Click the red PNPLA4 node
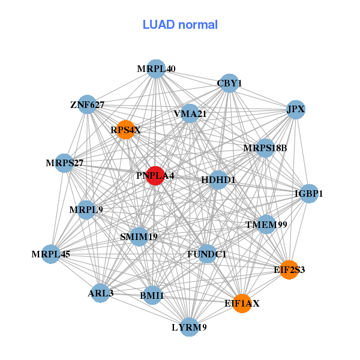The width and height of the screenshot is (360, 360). pyautogui.click(x=155, y=176)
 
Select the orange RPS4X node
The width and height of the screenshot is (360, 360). pyautogui.click(x=125, y=130)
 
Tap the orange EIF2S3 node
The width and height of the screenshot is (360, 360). pyautogui.click(x=289, y=269)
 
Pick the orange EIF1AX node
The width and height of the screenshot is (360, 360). pyautogui.click(x=242, y=304)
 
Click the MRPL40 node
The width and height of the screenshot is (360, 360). pyautogui.click(x=156, y=69)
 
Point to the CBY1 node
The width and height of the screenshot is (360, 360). pyautogui.click(x=229, y=83)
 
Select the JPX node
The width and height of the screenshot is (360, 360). pyautogui.click(x=295, y=110)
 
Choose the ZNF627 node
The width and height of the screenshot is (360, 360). pyautogui.click(x=88, y=105)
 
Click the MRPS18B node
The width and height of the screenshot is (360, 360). pyautogui.click(x=265, y=148)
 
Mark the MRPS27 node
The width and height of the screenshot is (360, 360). pyautogui.click(x=64, y=163)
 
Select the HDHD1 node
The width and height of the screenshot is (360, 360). pyautogui.click(x=218, y=179)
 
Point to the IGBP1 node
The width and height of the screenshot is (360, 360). pyautogui.click(x=308, y=194)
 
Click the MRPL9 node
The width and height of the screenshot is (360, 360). pyautogui.click(x=86, y=210)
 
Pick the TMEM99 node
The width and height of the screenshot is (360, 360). pyautogui.click(x=266, y=225)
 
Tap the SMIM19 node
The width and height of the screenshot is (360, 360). pyautogui.click(x=139, y=236)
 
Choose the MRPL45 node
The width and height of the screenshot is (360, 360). pyautogui.click(x=51, y=254)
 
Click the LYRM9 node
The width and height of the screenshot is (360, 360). pyautogui.click(x=190, y=327)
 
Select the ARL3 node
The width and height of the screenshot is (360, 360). pyautogui.click(x=100, y=293)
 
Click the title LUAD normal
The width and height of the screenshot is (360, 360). pyautogui.click(x=180, y=25)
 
